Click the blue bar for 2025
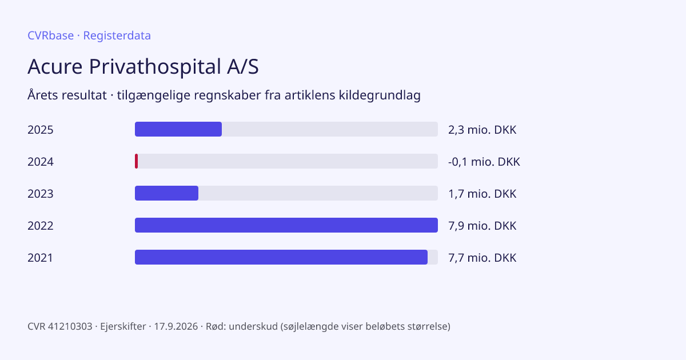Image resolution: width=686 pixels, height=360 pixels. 178,129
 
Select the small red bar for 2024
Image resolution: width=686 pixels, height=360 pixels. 136,161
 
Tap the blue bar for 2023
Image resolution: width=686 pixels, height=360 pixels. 166,193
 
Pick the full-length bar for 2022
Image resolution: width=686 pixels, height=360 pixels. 286,225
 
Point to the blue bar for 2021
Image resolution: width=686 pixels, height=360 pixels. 281,257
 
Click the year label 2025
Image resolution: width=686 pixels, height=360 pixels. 41,130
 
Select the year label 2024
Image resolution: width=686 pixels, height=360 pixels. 41,162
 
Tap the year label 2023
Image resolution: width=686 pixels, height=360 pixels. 41,194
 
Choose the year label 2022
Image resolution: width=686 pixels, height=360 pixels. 41,226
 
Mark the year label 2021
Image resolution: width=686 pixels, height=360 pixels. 41,258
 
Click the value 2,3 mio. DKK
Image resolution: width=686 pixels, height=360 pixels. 482,130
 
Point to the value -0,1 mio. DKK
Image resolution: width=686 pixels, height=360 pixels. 484,162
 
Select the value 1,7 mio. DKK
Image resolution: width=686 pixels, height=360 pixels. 482,194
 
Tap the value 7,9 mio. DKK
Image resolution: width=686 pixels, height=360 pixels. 482,226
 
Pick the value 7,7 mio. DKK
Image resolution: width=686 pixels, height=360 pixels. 482,258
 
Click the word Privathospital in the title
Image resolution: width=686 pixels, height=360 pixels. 155,67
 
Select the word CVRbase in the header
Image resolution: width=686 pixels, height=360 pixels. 51,35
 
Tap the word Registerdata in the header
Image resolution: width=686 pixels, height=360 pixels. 117,36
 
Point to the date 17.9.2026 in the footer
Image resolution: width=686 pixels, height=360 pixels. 176,326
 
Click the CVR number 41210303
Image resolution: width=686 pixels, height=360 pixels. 70,326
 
